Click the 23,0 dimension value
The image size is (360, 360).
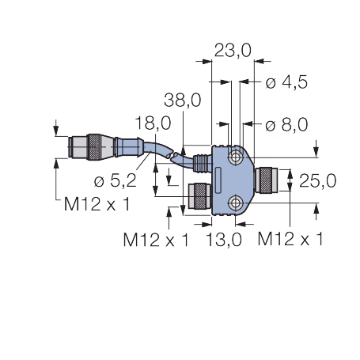(x=233, y=51)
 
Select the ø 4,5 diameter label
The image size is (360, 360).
(x=286, y=82)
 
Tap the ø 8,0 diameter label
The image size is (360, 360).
(x=286, y=124)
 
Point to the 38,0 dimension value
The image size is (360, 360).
(x=183, y=100)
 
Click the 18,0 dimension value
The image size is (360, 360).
(x=153, y=123)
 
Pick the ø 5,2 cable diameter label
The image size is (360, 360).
(x=116, y=180)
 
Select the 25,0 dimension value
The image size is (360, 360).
(x=318, y=181)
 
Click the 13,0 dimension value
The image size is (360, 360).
(x=224, y=240)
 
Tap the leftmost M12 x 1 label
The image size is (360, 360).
(x=97, y=204)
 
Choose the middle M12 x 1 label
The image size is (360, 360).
(x=156, y=240)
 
